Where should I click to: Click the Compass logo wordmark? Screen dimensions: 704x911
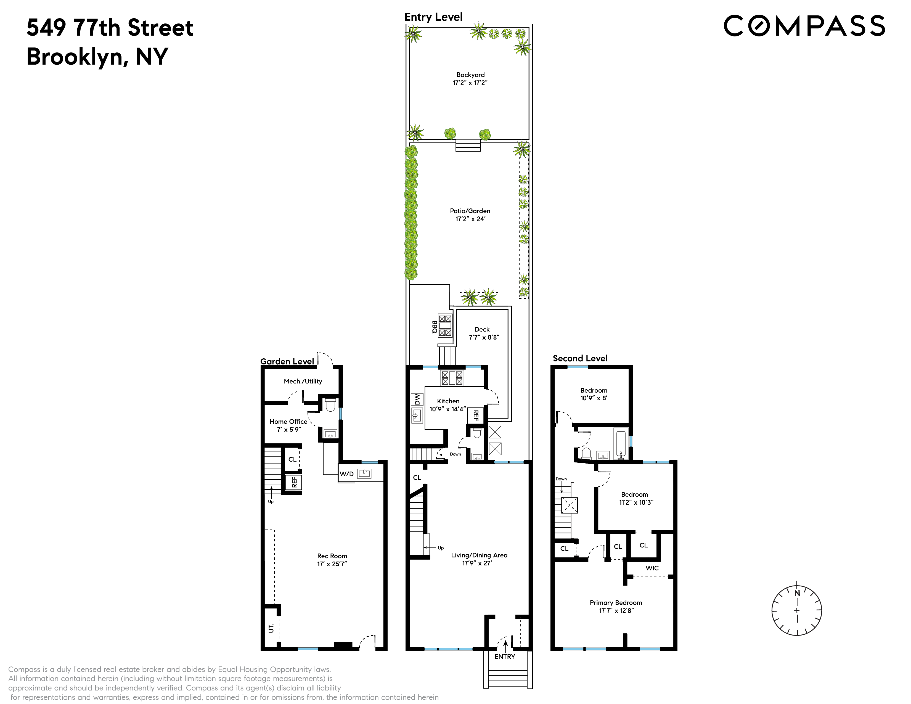pos(804,26)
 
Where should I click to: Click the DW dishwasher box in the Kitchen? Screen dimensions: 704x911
pos(417,399)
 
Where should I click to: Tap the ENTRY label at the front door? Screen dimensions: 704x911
pos(504,657)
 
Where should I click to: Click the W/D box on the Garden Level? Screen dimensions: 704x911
pos(346,474)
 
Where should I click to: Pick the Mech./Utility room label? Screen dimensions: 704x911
pos(303,381)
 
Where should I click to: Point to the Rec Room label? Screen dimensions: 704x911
pos(332,560)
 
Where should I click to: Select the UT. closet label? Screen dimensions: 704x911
pos(271,628)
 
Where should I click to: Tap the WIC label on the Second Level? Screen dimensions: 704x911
pos(652,568)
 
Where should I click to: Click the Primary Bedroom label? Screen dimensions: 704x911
pos(616,607)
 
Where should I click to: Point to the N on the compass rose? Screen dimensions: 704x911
pos(797,593)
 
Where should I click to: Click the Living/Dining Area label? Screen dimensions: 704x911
pos(479,559)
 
